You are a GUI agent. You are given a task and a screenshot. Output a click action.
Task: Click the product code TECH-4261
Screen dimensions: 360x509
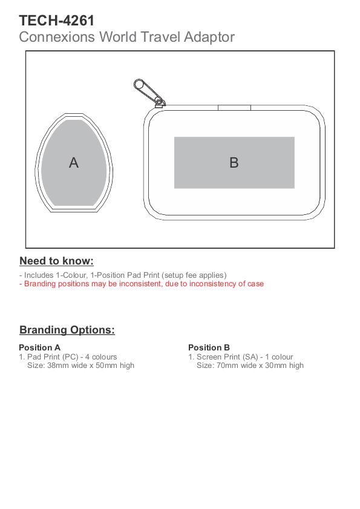click(57, 21)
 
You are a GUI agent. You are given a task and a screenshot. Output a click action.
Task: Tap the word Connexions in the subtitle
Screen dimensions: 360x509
click(56, 37)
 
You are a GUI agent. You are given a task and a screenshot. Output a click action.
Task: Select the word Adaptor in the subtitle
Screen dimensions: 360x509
click(209, 38)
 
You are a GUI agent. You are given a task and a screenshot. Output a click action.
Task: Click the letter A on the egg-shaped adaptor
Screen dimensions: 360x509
click(74, 163)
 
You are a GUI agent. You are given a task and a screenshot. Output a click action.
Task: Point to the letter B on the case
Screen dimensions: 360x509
click(234, 163)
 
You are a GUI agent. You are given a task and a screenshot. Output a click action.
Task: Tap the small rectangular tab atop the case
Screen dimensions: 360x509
click(234, 108)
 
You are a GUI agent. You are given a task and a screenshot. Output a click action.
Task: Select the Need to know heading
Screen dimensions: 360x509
click(56, 261)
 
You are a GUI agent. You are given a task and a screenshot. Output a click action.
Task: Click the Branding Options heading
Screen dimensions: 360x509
click(67, 330)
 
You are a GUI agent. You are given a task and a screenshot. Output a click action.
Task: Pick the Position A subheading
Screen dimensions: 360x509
click(39, 347)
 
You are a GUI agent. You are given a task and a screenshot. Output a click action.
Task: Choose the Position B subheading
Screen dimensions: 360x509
click(209, 347)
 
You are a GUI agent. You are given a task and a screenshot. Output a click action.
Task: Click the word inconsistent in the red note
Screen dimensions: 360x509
click(140, 284)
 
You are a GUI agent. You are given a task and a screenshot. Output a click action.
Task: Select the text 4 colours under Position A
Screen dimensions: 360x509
click(101, 357)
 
